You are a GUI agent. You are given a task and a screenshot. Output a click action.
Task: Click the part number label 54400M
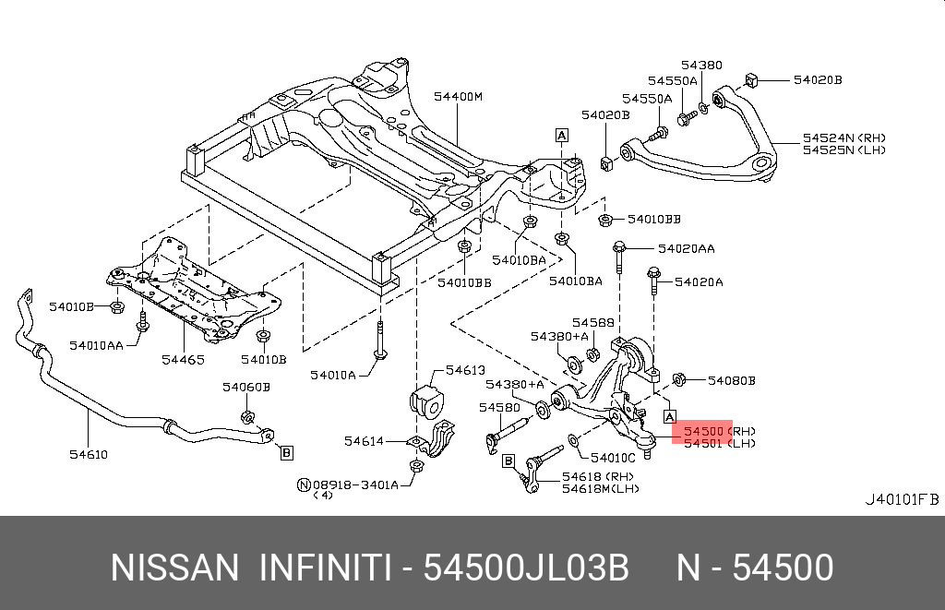click(x=458, y=97)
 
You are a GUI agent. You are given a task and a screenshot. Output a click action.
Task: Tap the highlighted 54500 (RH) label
click(x=719, y=431)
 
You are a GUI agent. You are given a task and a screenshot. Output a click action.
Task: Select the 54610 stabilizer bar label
click(x=89, y=454)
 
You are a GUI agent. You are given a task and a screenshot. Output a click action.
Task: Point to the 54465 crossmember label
click(x=184, y=360)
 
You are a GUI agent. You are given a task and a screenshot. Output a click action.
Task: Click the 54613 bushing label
click(x=465, y=370)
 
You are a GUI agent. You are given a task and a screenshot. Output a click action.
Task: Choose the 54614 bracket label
click(x=364, y=441)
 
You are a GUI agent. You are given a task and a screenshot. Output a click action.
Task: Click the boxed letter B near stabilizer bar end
click(x=287, y=452)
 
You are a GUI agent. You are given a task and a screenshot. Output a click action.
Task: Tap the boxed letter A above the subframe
click(x=562, y=135)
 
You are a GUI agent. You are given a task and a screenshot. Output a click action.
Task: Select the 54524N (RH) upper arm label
click(x=844, y=138)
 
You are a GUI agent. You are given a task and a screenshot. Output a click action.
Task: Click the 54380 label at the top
click(x=701, y=66)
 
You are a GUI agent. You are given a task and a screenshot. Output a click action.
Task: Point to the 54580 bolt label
click(x=499, y=408)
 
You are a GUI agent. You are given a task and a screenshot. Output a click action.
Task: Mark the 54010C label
click(x=613, y=458)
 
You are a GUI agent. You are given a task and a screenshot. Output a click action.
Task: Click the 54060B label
click(x=246, y=387)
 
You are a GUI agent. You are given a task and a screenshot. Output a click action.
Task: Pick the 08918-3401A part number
click(x=355, y=484)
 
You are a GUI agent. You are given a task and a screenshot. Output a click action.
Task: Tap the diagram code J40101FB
click(x=903, y=499)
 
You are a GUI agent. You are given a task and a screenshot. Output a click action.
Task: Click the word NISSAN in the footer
click(x=174, y=568)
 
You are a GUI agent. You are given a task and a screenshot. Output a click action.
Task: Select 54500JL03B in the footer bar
click(x=526, y=568)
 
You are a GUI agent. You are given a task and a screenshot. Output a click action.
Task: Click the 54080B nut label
click(x=732, y=380)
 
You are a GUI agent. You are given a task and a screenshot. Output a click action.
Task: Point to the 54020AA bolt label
click(x=687, y=248)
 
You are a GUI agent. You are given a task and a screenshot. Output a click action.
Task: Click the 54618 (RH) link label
click(x=598, y=477)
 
